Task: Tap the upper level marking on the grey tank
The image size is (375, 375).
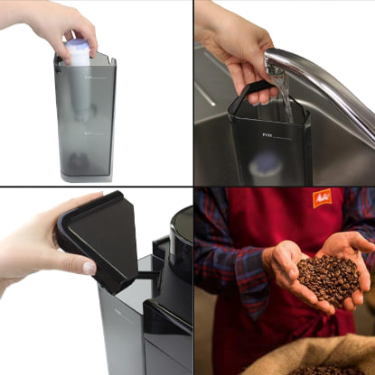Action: click(88, 78)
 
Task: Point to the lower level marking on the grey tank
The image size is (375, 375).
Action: click(88, 133)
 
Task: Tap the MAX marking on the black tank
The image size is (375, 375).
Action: click(267, 136)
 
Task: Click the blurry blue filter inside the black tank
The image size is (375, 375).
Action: click(267, 165)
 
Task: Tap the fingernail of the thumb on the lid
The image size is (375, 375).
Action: click(89, 268)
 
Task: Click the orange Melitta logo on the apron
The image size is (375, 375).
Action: click(322, 197)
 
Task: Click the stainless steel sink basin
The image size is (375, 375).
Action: click(217, 153)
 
